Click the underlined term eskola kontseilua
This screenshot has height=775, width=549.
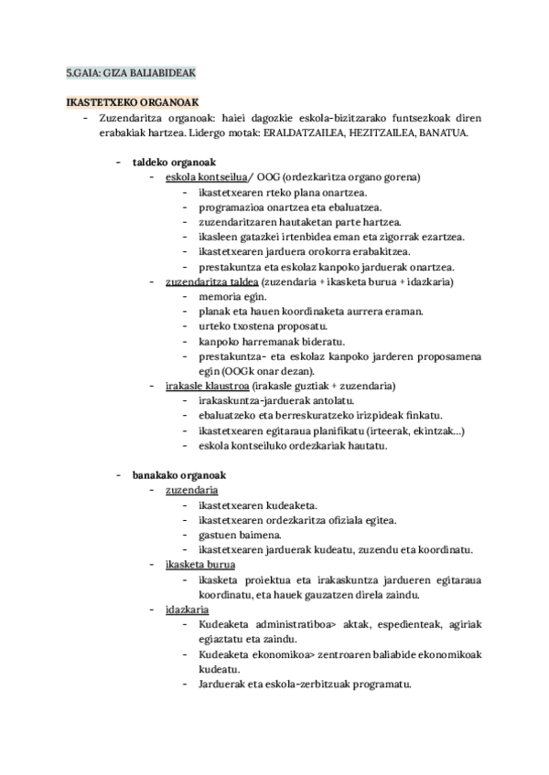pos(206,177)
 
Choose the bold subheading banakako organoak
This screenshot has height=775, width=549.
pos(178,475)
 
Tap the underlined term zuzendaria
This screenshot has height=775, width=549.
pos(185,490)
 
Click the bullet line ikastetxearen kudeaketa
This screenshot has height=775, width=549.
pos(257,505)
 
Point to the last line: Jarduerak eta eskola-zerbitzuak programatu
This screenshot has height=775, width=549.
pos(304,684)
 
